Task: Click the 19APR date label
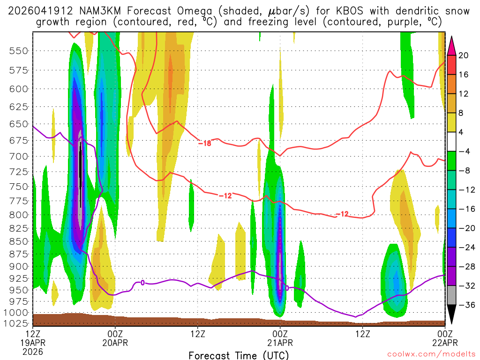point(32,343)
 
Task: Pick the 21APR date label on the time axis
point(280,343)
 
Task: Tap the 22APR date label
point(445,343)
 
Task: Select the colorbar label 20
point(464,55)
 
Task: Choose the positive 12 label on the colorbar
point(464,94)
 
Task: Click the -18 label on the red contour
point(205,143)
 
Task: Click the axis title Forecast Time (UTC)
point(239,355)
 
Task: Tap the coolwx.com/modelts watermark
point(431,353)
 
